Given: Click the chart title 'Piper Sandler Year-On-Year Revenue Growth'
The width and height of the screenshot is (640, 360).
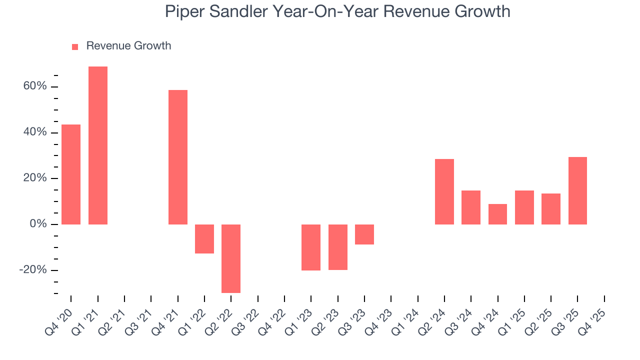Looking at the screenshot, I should (337, 11).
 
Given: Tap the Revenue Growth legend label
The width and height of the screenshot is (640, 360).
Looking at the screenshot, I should (128, 46).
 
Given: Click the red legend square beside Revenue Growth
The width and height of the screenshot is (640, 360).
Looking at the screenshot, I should (75, 46).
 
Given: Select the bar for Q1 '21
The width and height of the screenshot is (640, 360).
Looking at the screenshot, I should (98, 145).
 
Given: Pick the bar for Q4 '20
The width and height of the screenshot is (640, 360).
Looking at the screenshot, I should (71, 174).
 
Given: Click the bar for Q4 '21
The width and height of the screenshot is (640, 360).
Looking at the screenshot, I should (178, 157).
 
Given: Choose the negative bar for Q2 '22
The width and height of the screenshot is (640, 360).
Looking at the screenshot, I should (231, 258).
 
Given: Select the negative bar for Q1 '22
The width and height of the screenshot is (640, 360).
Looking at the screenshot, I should (204, 239).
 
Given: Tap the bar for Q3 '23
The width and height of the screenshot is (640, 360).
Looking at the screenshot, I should (364, 234).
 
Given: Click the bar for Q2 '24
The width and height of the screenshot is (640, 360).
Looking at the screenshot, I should (444, 191).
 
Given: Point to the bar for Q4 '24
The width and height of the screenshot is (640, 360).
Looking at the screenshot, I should (497, 214).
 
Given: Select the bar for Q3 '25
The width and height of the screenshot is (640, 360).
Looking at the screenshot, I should (577, 190).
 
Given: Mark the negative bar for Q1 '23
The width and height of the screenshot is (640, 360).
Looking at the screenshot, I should (311, 247).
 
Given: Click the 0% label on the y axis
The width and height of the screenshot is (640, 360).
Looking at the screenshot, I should (38, 224).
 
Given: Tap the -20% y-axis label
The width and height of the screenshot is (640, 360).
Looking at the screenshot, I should (33, 270).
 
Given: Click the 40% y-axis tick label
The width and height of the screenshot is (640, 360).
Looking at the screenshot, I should (34, 132).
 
